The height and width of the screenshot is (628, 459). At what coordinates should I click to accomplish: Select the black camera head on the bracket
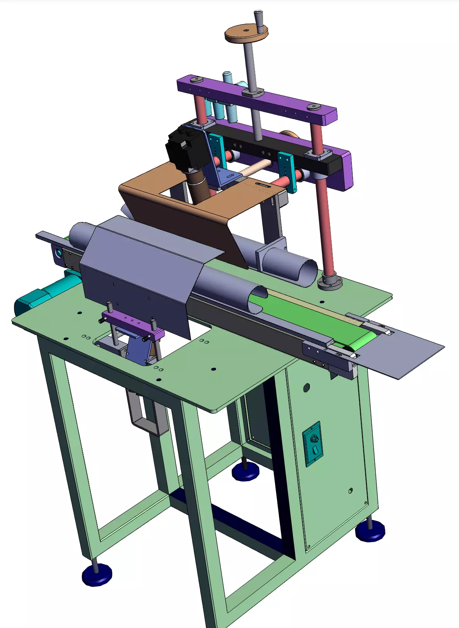pos(185,148)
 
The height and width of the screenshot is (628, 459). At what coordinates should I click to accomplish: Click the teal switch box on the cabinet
pos(312,444)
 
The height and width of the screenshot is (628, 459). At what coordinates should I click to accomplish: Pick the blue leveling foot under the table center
pos(245,472)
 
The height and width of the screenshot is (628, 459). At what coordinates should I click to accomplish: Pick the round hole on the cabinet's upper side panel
pos(306,387)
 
